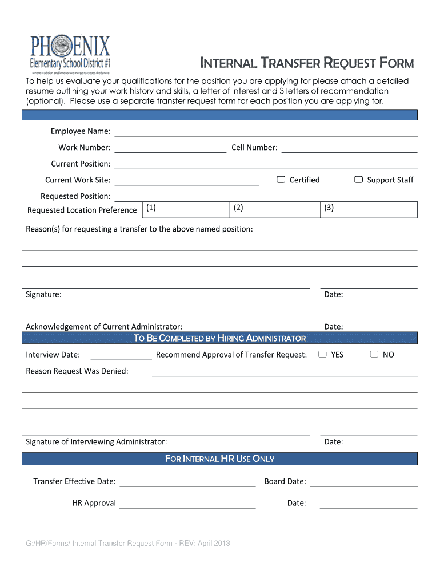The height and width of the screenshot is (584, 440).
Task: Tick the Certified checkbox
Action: [x=281, y=180]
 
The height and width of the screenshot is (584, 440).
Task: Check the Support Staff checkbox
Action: [x=358, y=180]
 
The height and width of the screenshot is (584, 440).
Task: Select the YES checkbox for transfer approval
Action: [x=322, y=354]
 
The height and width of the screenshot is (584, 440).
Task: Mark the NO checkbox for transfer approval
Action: [x=374, y=354]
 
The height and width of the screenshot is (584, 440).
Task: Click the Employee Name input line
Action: [x=266, y=132]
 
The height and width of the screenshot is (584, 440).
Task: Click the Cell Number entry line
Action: [x=349, y=149]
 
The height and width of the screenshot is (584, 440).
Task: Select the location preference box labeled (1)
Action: [x=185, y=209]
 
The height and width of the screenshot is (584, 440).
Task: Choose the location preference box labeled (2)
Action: [x=274, y=209]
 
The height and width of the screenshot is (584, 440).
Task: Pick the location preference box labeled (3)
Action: [x=369, y=209]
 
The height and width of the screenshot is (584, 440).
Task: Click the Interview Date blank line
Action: [x=121, y=356]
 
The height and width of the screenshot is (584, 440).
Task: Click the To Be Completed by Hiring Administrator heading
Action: [x=220, y=338]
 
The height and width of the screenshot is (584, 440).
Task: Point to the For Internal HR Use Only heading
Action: [x=220, y=459]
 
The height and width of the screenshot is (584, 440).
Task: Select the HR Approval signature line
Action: [x=187, y=504]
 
